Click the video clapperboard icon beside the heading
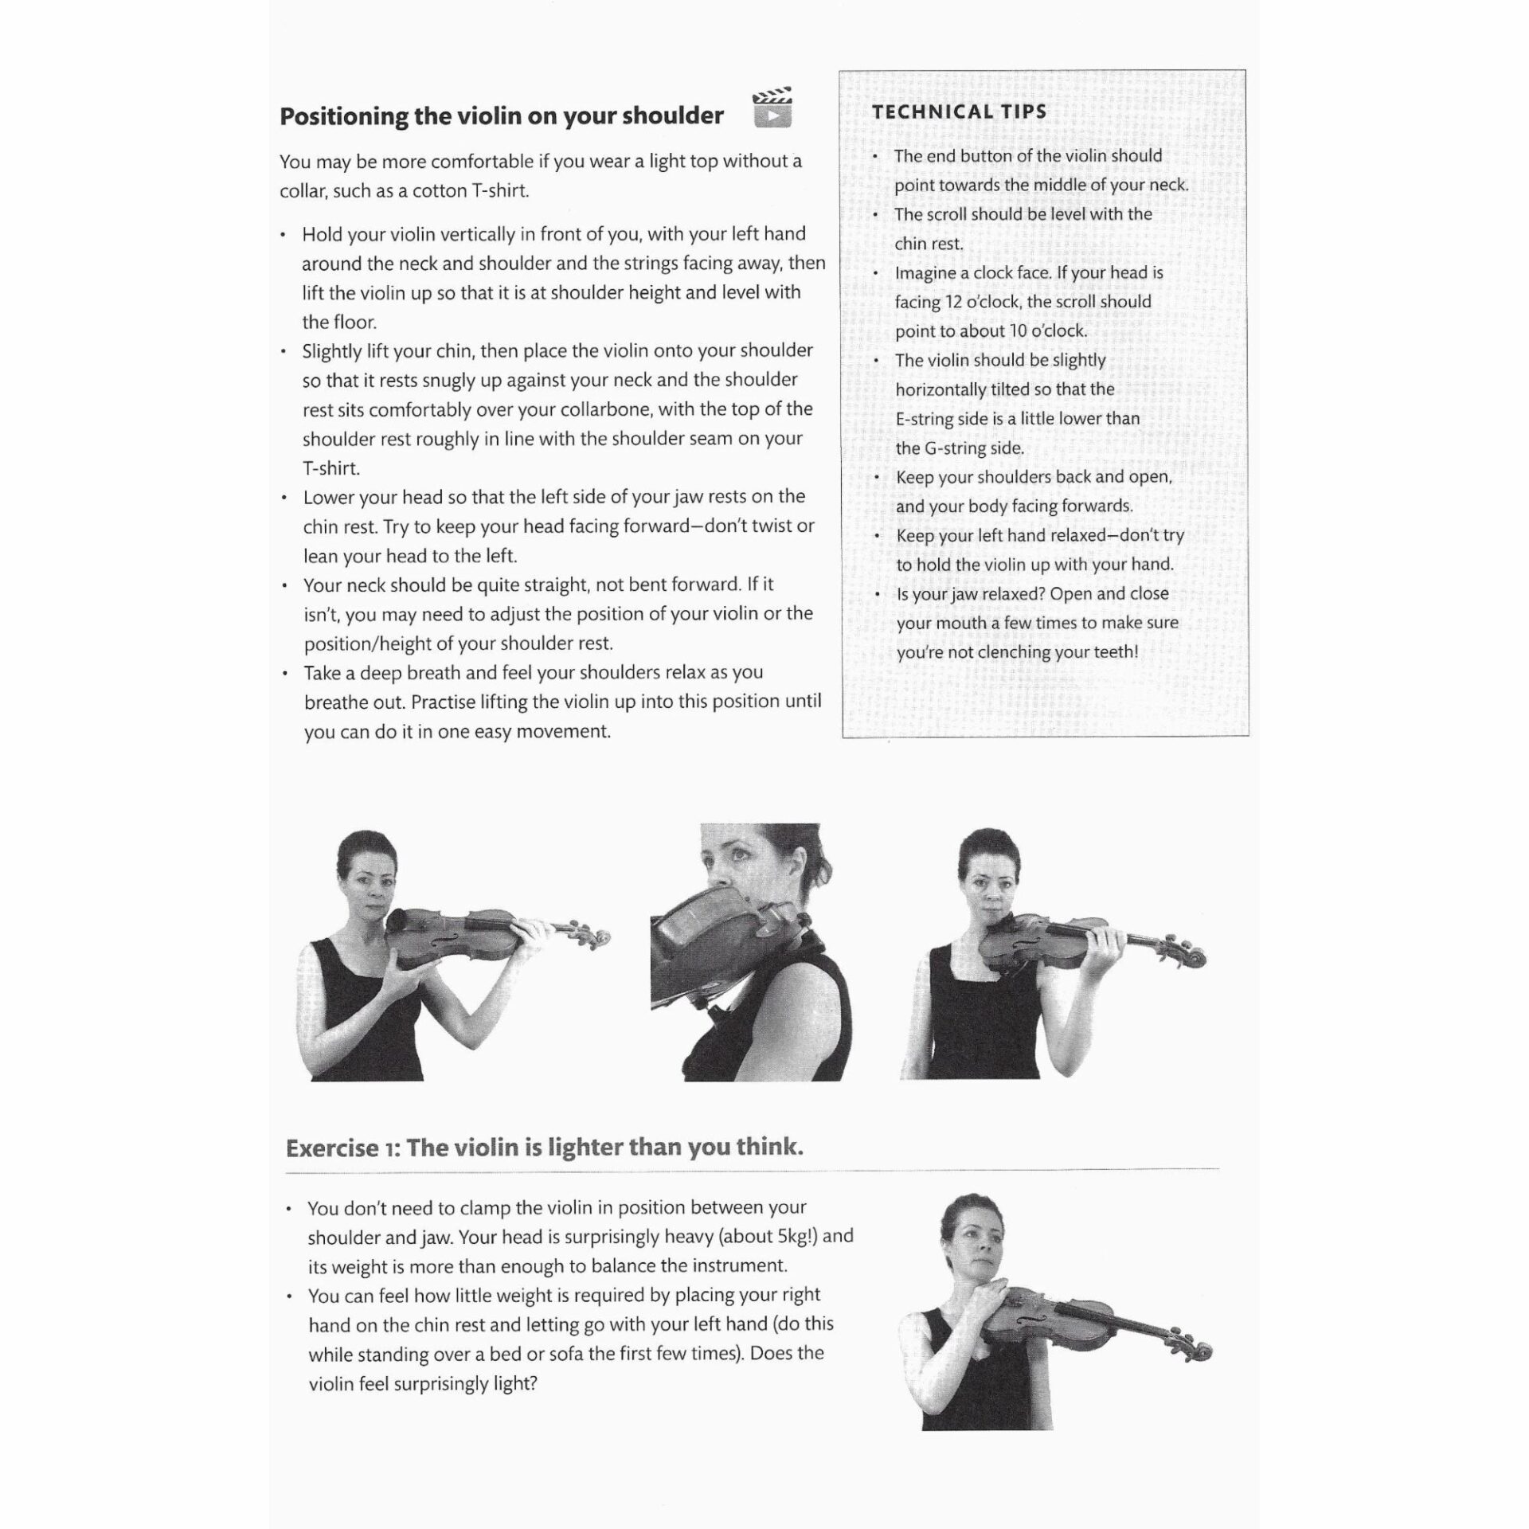click(x=772, y=108)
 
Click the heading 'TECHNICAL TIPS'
click(x=959, y=111)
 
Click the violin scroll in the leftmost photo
click(x=596, y=937)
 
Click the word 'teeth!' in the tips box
click(x=1115, y=652)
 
